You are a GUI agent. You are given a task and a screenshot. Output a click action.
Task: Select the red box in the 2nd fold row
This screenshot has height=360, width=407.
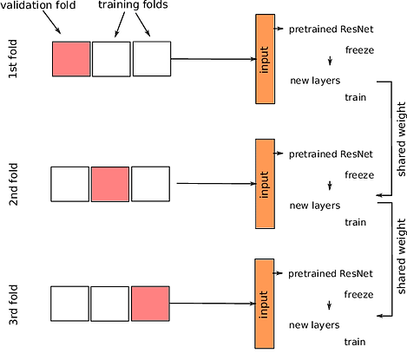pyautogui.click(x=110, y=184)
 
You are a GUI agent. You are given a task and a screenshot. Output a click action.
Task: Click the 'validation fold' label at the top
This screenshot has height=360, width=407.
pyautogui.click(x=40, y=8)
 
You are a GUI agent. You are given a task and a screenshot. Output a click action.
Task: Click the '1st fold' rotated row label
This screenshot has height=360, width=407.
pyautogui.click(x=14, y=60)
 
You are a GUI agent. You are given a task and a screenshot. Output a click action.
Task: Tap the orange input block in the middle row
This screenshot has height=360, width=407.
pyautogui.click(x=266, y=183)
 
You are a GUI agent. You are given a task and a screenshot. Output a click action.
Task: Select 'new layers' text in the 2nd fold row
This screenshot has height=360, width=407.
pyautogui.click(x=314, y=206)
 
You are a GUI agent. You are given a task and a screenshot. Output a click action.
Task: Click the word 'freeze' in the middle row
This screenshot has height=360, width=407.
pyautogui.click(x=358, y=174)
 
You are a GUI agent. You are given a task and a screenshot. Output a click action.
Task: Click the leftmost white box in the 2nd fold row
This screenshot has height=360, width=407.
pyautogui.click(x=70, y=184)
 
